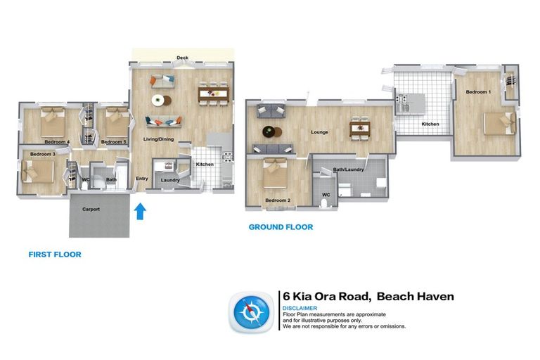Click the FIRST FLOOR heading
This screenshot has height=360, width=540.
click(55, 255)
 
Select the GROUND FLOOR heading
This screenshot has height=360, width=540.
click(281, 227)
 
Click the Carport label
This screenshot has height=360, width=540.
click(91, 210)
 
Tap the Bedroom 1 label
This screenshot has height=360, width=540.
click(478, 92)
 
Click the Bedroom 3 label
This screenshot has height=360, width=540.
click(42, 154)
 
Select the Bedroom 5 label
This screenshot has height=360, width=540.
click(113, 142)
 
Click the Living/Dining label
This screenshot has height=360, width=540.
click(159, 139)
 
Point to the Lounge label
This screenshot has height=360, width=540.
click(320, 131)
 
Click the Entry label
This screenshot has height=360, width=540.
click(142, 179)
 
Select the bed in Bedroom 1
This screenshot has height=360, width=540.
click(500, 124)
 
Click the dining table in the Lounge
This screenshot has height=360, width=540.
click(359, 129)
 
